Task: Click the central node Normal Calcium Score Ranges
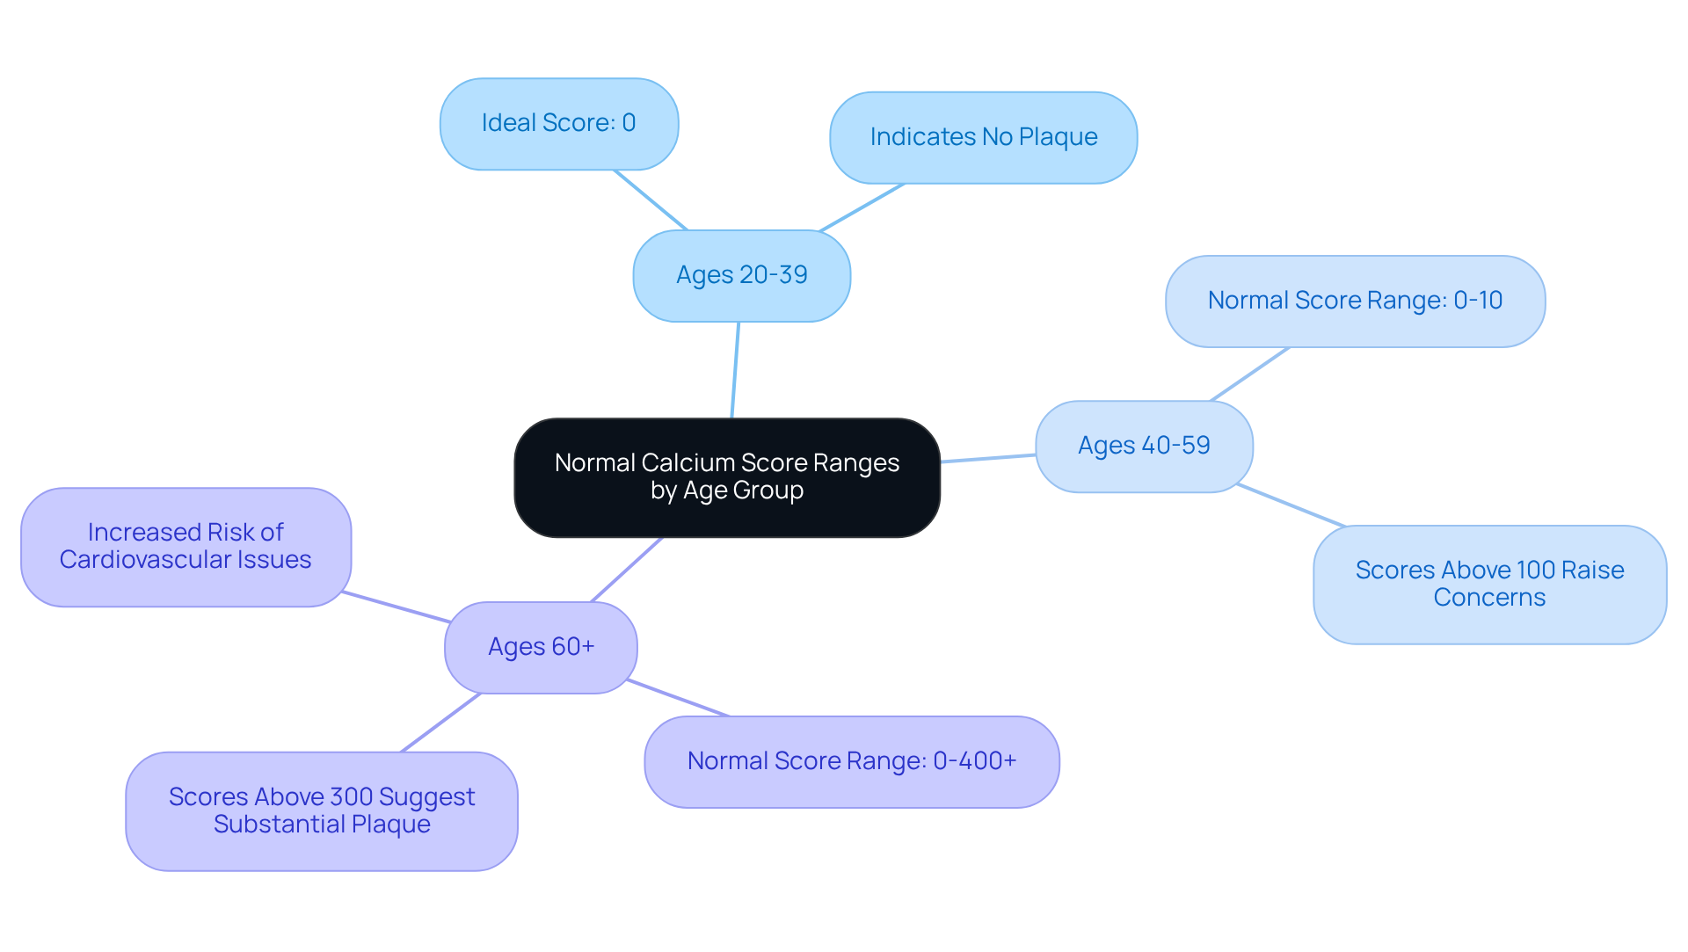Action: click(727, 477)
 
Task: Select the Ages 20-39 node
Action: click(741, 276)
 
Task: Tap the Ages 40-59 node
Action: click(1144, 447)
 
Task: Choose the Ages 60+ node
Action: click(541, 648)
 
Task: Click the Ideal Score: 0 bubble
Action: click(558, 124)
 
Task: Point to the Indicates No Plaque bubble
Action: click(983, 138)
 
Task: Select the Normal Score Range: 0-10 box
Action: click(1355, 302)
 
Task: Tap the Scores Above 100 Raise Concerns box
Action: click(1489, 585)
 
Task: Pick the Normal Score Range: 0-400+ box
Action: click(851, 762)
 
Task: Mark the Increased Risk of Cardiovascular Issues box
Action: click(186, 547)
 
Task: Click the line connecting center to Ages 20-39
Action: click(735, 370)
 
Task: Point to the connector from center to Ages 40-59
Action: click(988, 458)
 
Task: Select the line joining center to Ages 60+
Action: click(627, 570)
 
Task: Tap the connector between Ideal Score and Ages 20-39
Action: click(651, 200)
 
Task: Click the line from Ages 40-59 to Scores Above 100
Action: click(1291, 505)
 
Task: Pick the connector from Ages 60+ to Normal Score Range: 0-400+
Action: click(678, 698)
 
